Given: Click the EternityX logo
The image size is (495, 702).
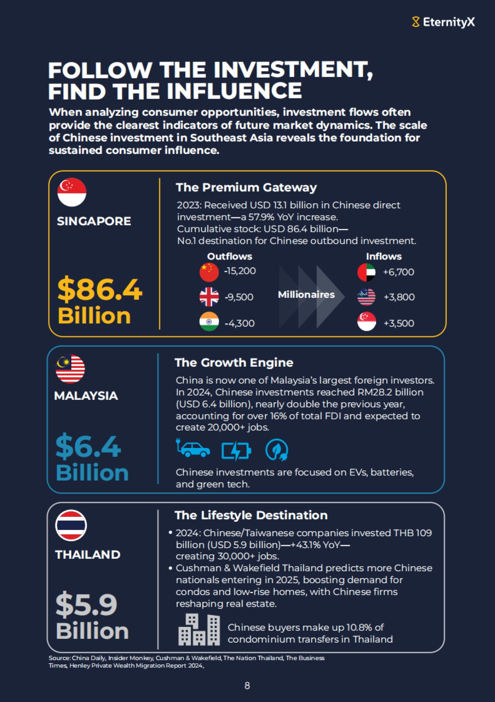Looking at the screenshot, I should click(x=443, y=22).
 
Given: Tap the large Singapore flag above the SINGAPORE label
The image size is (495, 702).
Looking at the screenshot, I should click(x=72, y=192).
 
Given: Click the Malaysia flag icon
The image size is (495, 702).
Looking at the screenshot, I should click(x=71, y=369).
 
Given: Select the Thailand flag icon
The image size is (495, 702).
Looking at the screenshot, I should click(x=71, y=525).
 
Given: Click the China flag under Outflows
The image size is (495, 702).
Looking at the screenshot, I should click(x=209, y=272).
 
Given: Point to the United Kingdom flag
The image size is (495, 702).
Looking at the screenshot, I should click(x=209, y=297).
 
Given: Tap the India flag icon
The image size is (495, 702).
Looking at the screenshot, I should click(x=209, y=322).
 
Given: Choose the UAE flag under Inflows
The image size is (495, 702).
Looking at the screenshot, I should click(x=366, y=272).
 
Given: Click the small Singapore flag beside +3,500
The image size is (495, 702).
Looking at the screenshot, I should click(x=366, y=322).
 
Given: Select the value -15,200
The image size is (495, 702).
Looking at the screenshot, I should click(x=240, y=271).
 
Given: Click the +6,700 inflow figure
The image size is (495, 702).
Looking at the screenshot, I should click(x=398, y=272).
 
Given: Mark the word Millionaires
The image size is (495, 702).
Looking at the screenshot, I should click(x=306, y=294).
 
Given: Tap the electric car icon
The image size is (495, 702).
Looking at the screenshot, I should click(x=193, y=448).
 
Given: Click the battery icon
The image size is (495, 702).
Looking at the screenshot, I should click(x=236, y=451).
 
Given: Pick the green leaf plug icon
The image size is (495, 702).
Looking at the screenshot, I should click(x=276, y=450).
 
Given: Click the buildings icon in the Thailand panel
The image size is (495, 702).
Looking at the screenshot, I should click(x=199, y=629).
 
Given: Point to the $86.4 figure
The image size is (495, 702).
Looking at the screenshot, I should click(x=100, y=290).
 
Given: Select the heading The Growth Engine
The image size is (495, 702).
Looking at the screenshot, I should click(x=234, y=363).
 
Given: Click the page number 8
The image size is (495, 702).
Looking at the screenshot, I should click(x=247, y=686).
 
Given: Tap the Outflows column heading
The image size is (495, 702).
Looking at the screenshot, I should click(x=229, y=257).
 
